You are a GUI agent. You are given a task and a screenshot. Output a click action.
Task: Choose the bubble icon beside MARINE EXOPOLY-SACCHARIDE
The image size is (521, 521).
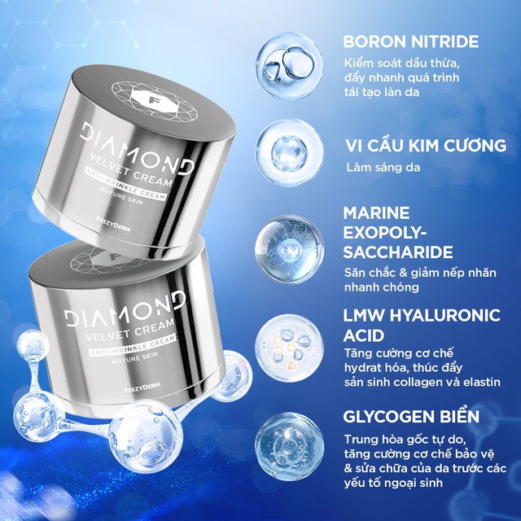tap(282, 241)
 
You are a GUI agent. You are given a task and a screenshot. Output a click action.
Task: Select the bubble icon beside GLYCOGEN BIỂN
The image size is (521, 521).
tap(282, 440)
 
